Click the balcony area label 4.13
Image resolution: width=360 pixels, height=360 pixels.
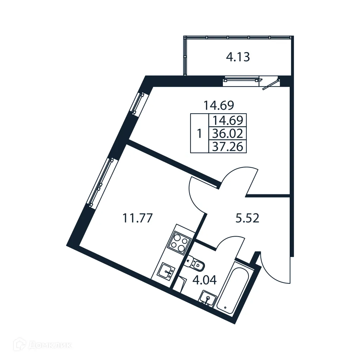[x=238, y=57]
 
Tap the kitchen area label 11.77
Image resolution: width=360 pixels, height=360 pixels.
[x=137, y=218]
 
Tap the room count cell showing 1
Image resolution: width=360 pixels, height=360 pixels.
[x=199, y=134]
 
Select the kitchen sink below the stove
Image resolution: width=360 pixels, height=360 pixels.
[x=166, y=271]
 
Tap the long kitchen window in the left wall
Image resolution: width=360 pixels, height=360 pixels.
[x=102, y=181]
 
